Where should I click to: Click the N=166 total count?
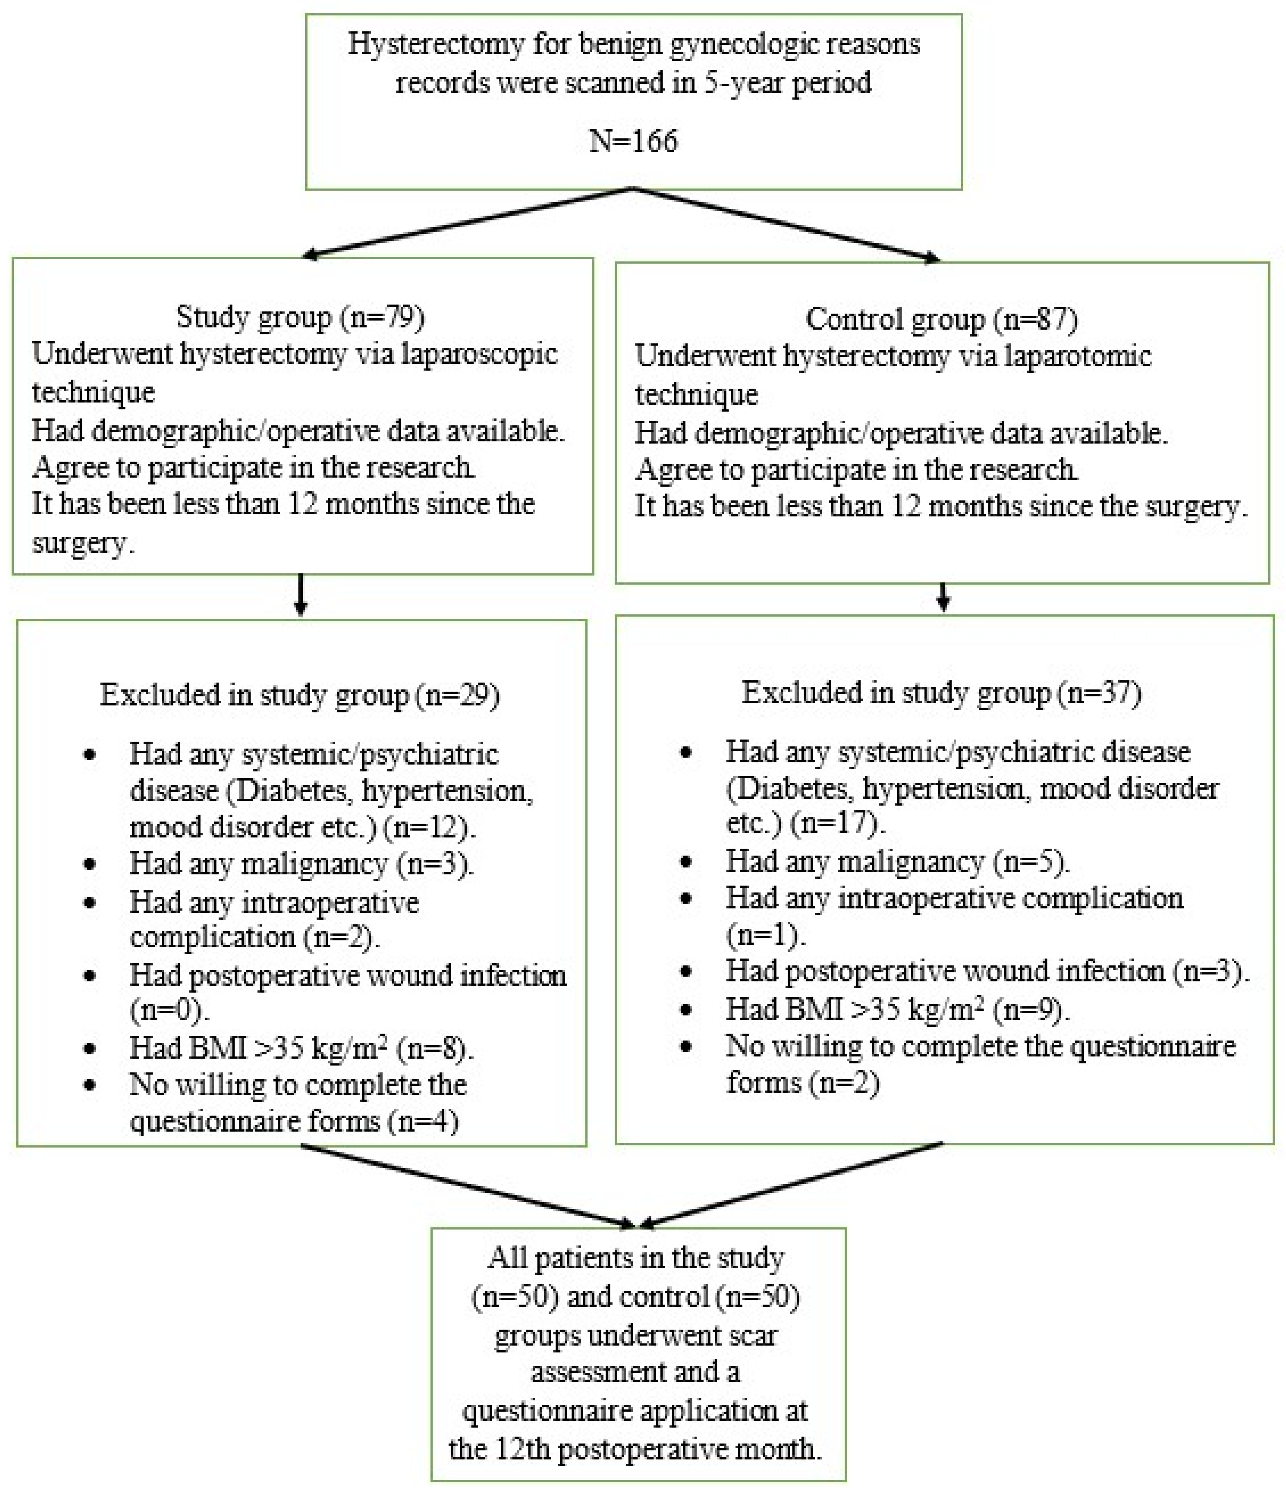633,141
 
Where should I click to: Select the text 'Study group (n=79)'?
300,317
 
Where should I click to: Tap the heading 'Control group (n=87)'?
941,319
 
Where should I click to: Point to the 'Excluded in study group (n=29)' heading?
299,695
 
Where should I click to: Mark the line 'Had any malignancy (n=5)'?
897,861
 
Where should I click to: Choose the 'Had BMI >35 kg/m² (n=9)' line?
897,1010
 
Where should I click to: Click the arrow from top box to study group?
469,221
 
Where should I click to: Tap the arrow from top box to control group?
786,224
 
